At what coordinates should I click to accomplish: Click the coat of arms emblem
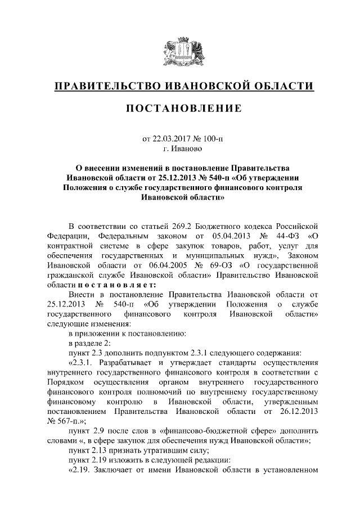(x=179, y=52)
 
